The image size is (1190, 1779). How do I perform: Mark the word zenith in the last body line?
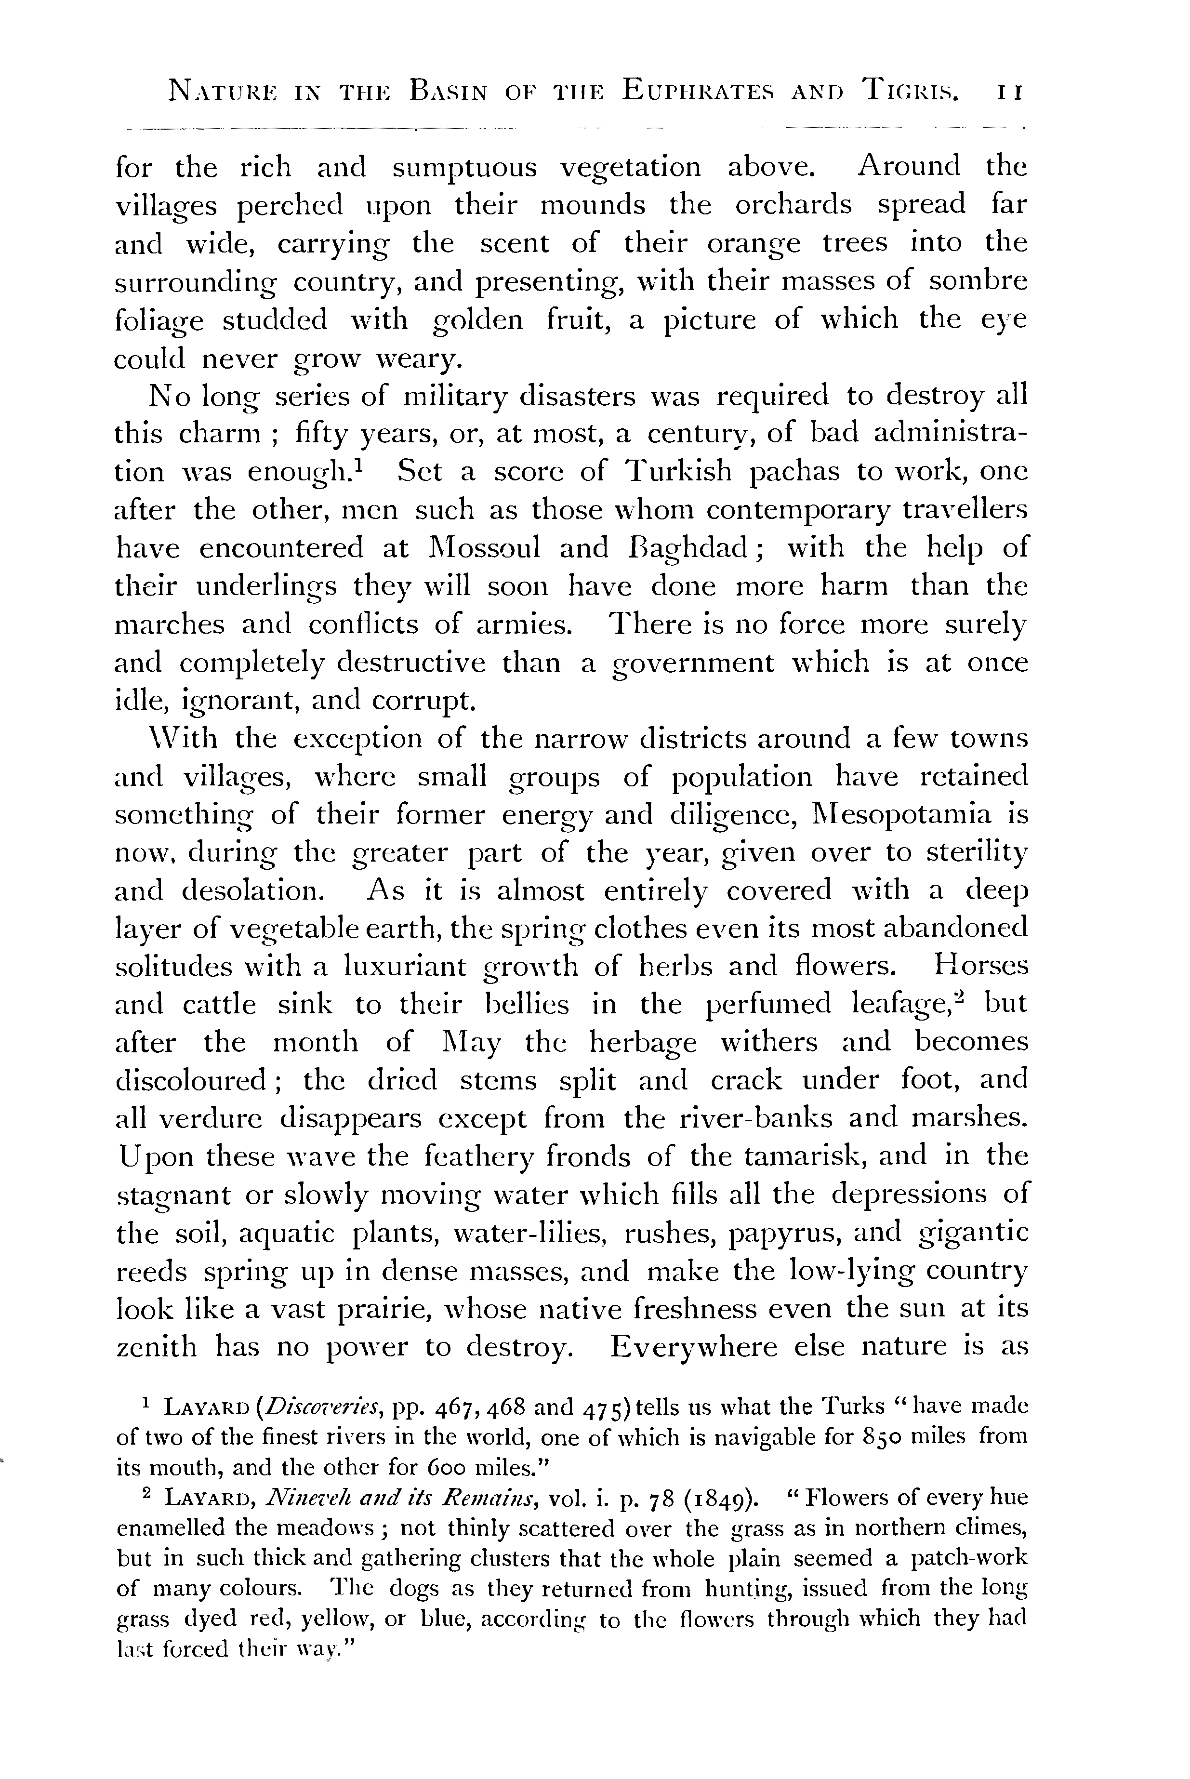pyautogui.click(x=156, y=1346)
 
